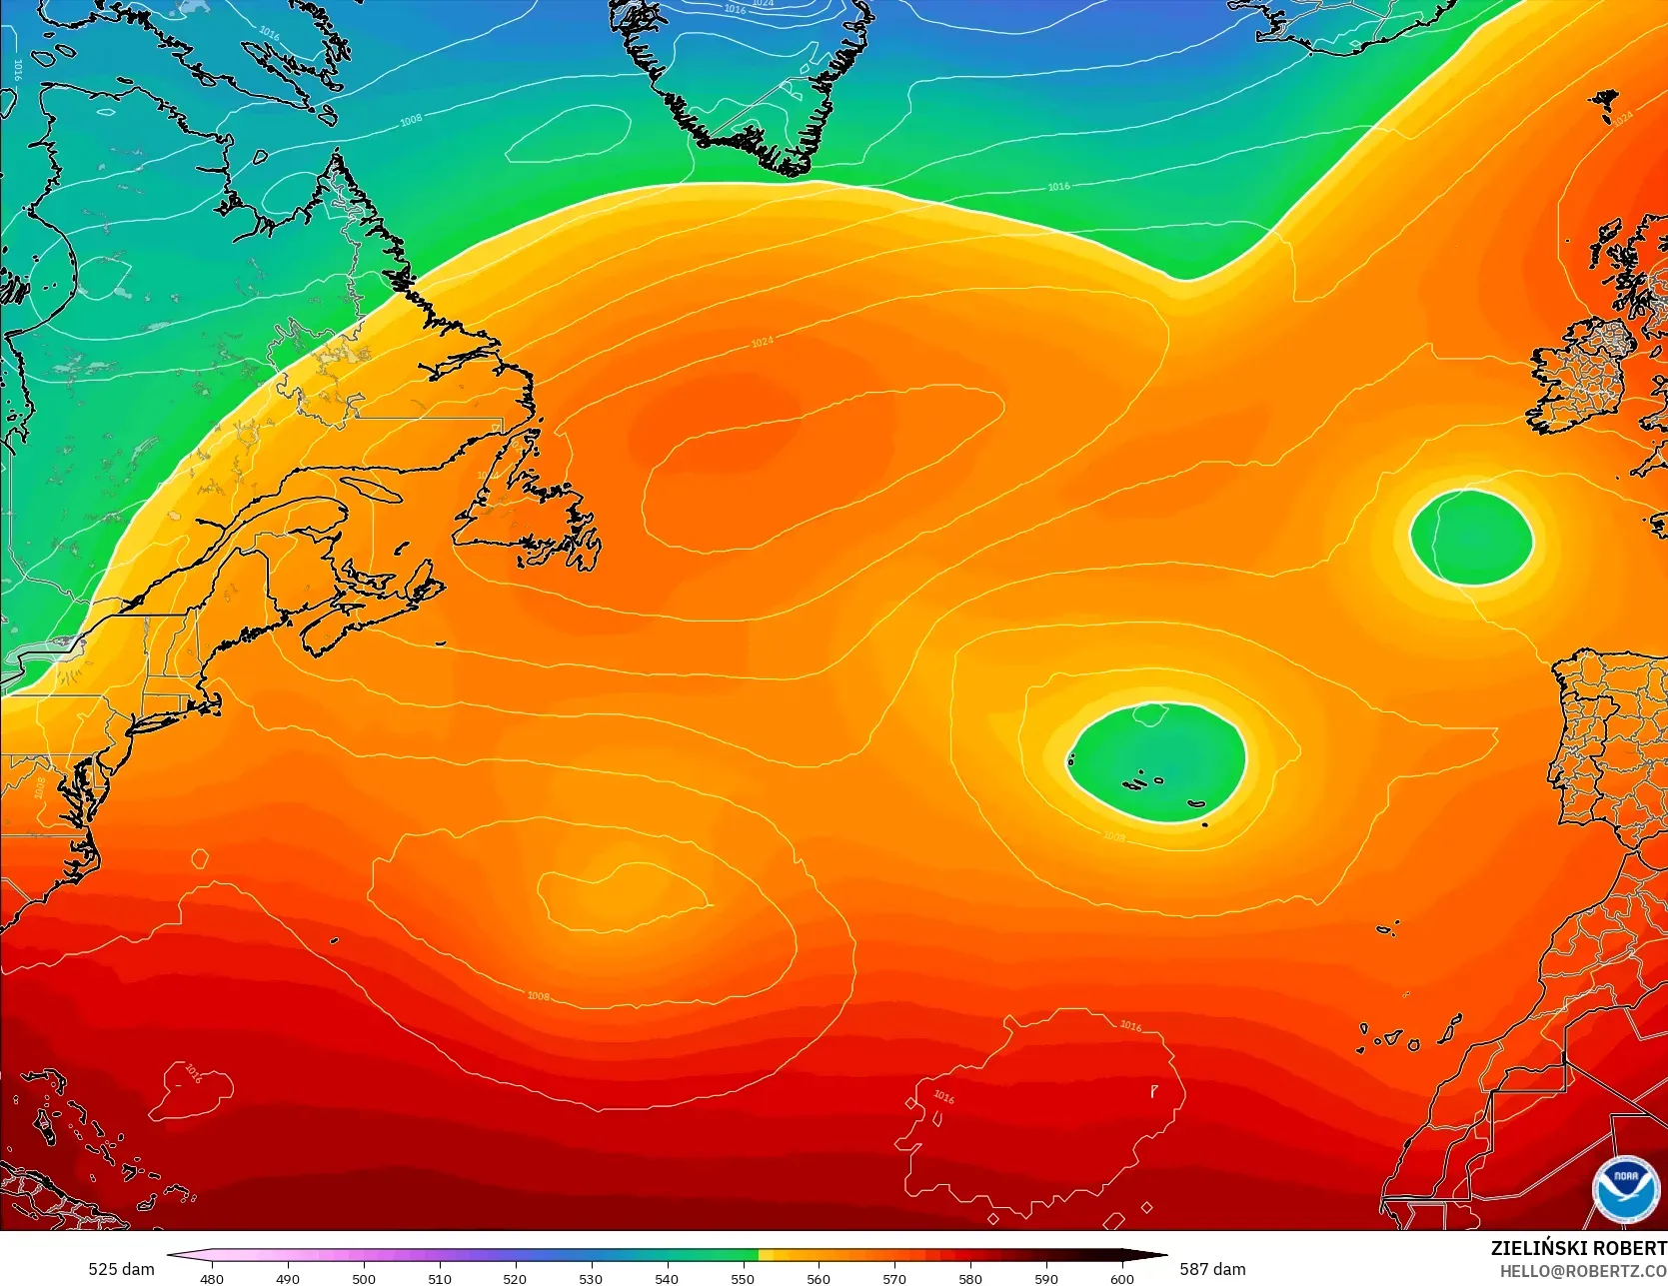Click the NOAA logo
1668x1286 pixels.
(x=1625, y=1188)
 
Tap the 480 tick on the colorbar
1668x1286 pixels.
(x=212, y=1278)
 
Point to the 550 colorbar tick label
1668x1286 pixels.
(x=743, y=1278)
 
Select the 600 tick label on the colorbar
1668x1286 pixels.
(x=1122, y=1278)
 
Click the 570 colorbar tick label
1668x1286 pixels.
(x=894, y=1278)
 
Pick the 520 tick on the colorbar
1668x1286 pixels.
(x=515, y=1278)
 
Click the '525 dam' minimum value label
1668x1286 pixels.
(x=121, y=1269)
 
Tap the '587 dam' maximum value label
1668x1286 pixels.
(x=1212, y=1269)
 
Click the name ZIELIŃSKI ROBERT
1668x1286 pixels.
(x=1578, y=1248)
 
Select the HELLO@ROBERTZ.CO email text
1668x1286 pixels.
(x=1582, y=1270)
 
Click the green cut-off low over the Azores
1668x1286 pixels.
(x=1156, y=762)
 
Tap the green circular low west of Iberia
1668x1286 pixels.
(x=1471, y=537)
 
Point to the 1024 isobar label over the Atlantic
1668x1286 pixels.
(x=762, y=343)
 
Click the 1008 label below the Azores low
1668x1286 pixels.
(x=1113, y=837)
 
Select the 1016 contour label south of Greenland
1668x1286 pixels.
(x=1058, y=187)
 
